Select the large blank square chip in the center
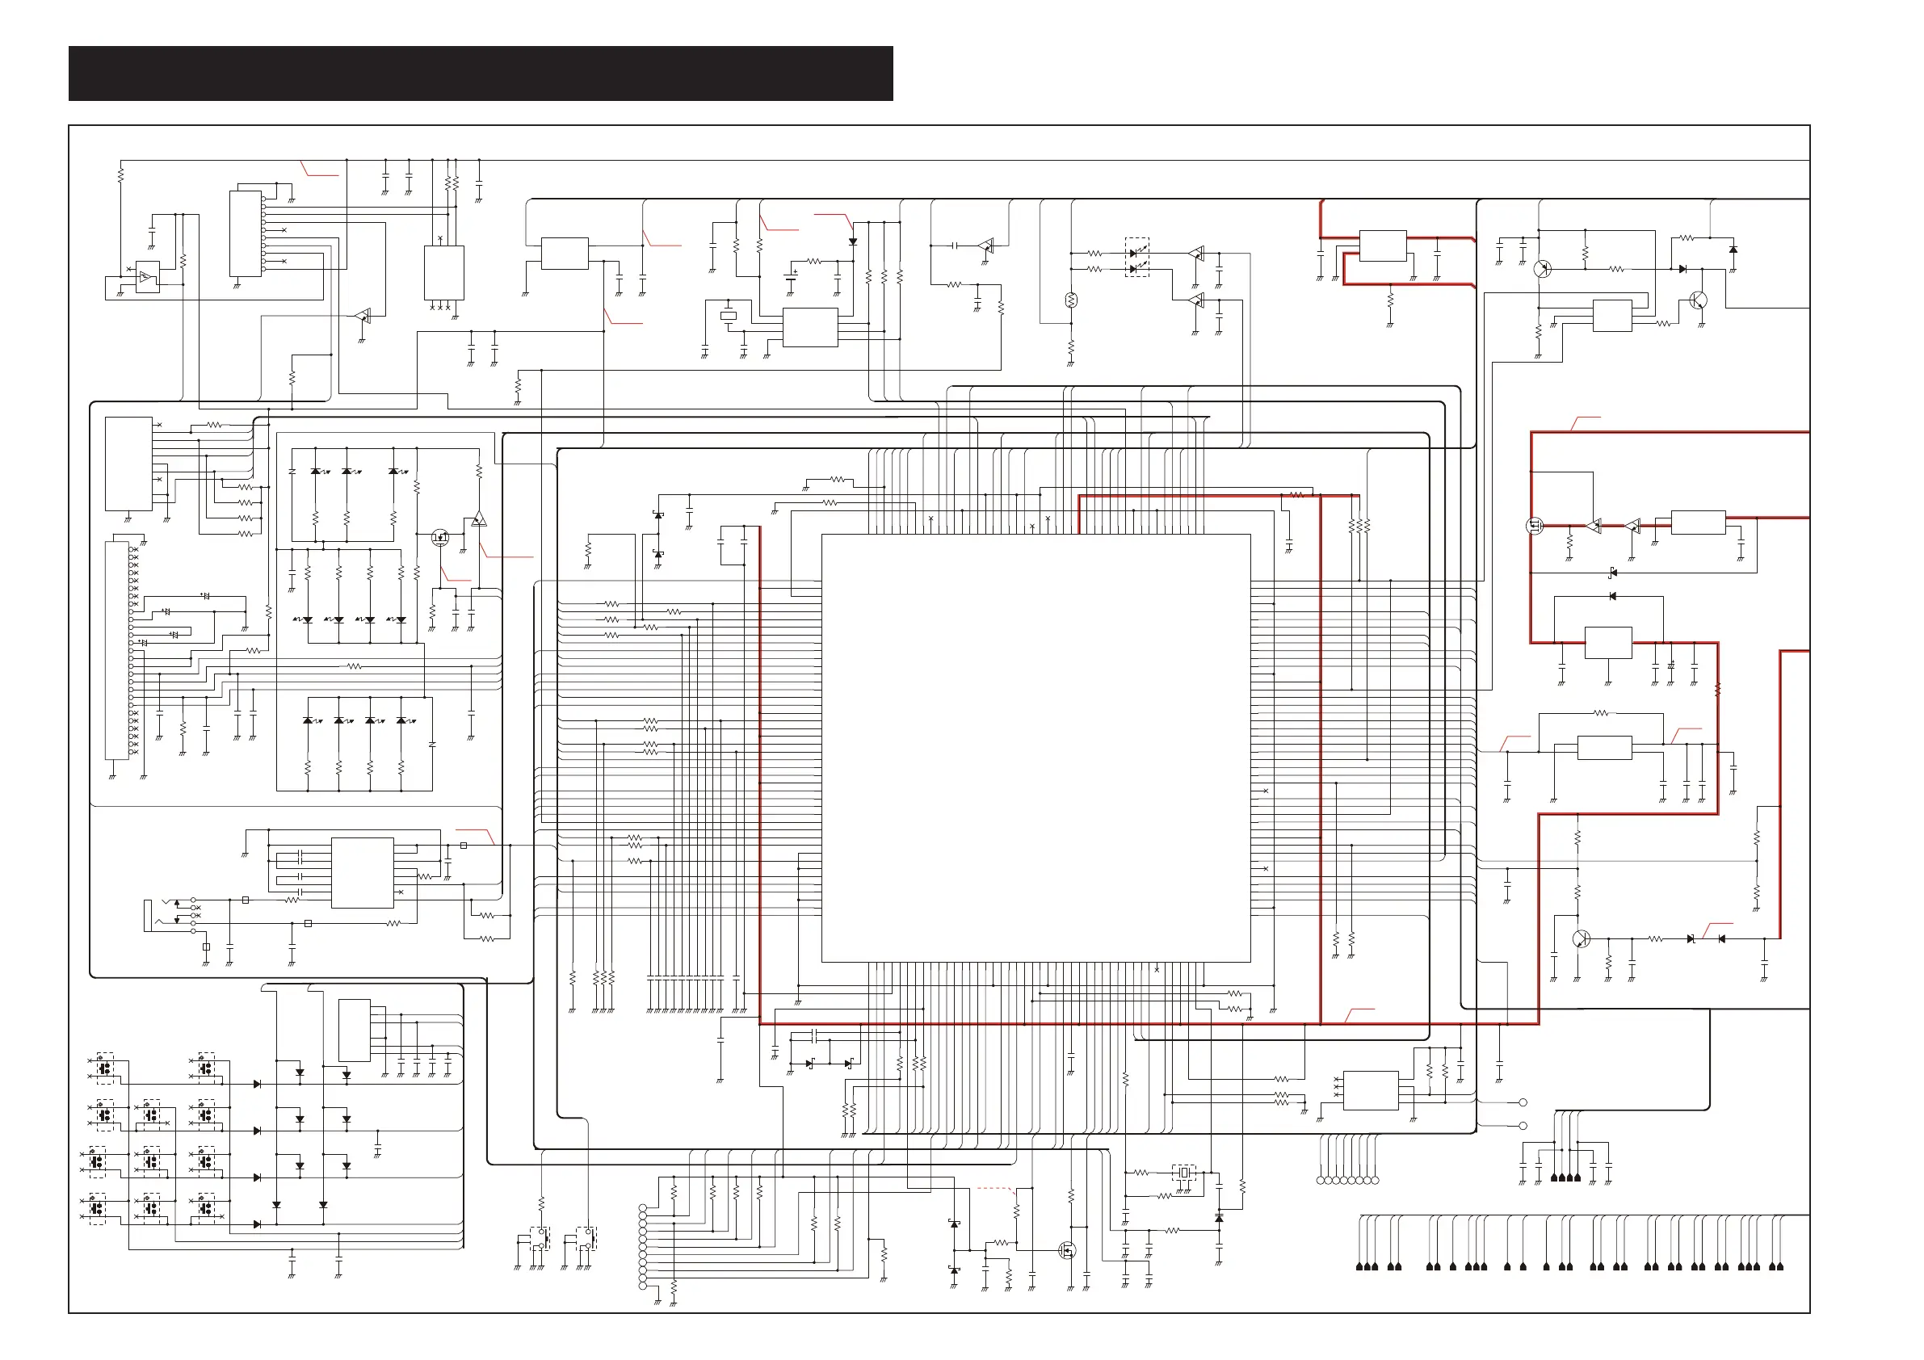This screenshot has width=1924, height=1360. pos(1036,748)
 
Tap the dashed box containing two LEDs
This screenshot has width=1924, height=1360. pos(1136,258)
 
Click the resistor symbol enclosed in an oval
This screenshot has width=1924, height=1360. pos(1071,300)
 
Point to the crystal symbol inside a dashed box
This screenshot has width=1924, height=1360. pos(1183,1173)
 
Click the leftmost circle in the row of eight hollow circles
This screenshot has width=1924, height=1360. pos(1321,1181)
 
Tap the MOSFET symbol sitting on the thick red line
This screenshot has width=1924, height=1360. pos(1535,527)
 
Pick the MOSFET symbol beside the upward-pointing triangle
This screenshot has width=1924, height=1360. pos(440,538)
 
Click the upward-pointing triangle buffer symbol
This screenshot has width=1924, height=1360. pos(478,519)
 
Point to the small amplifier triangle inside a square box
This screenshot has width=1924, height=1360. pos(148,277)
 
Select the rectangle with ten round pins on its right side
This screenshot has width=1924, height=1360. pos(246,233)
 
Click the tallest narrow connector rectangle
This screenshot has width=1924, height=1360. pos(116,650)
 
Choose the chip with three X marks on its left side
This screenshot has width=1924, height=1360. pos(1370,1090)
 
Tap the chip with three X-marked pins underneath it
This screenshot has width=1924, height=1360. pos(444,272)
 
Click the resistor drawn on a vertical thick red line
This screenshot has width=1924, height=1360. pos(1717,690)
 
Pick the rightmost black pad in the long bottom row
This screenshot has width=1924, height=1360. pos(1780,1267)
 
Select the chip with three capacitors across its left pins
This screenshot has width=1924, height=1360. pos(362,872)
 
